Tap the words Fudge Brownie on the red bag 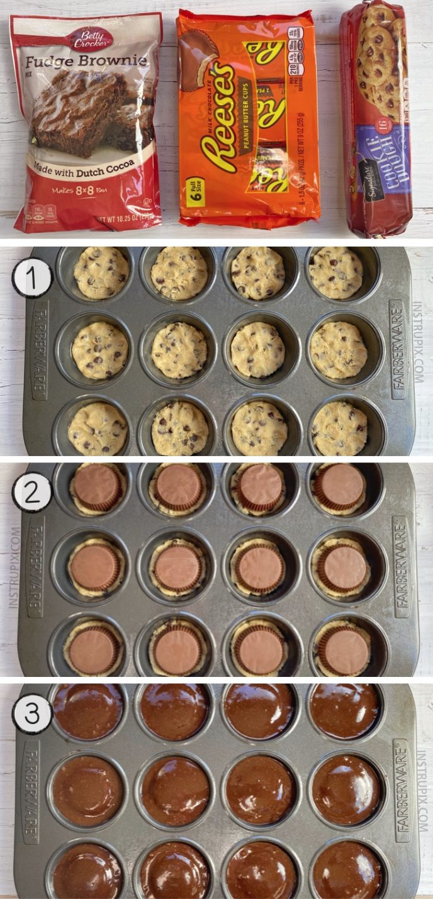pyautogui.click(x=86, y=62)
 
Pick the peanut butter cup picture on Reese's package pyautogui.click(x=198, y=59)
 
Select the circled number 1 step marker pyautogui.click(x=31, y=277)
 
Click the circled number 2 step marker pyautogui.click(x=31, y=492)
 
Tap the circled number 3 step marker pyautogui.click(x=31, y=715)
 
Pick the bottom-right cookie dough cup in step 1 pyautogui.click(x=340, y=428)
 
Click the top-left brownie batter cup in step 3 pyautogui.click(x=88, y=711)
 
